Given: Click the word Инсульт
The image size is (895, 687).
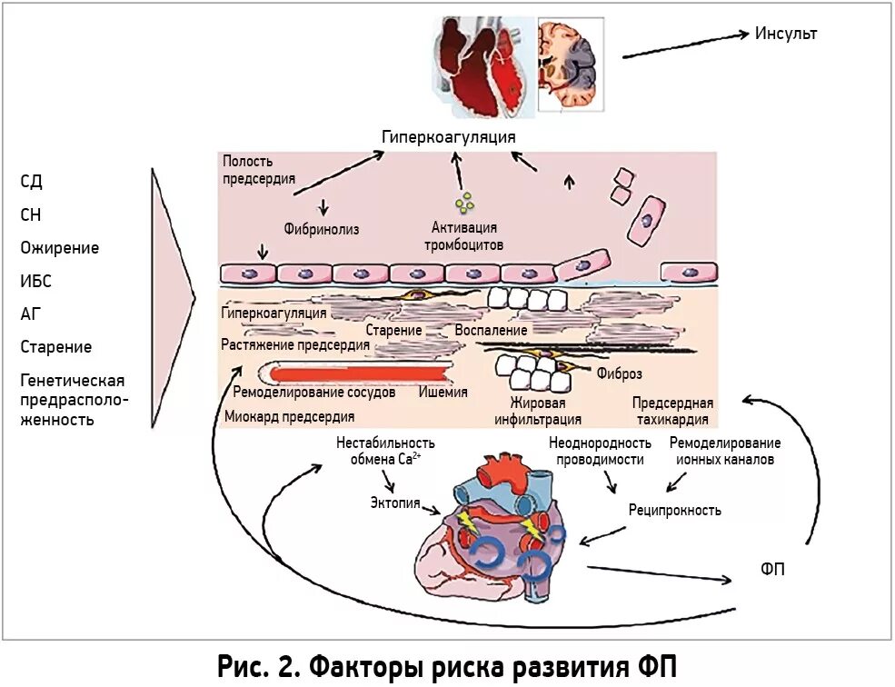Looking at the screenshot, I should click(x=786, y=34).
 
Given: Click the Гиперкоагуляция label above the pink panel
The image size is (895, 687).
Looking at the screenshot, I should click(x=448, y=136).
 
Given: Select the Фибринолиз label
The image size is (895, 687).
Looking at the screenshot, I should click(x=323, y=229).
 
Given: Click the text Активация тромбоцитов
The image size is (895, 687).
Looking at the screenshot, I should click(x=463, y=236).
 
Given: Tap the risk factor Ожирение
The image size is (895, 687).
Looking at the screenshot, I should click(x=59, y=248).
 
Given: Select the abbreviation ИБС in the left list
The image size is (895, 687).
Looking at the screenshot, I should click(x=35, y=281).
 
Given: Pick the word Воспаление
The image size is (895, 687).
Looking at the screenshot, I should click(x=491, y=330).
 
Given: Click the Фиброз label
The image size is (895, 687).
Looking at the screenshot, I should click(x=620, y=373).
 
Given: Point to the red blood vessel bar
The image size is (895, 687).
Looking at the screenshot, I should click(x=354, y=373).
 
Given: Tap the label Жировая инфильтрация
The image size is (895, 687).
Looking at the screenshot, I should click(x=538, y=411).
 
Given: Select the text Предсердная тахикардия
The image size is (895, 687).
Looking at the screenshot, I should click(x=672, y=411).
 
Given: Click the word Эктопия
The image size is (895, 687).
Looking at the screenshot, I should click(x=395, y=503).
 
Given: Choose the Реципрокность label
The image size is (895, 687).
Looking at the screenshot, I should click(x=674, y=510).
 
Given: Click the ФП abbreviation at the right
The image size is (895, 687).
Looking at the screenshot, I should click(x=773, y=570).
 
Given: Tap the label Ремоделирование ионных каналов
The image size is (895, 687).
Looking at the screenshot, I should click(x=724, y=451).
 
